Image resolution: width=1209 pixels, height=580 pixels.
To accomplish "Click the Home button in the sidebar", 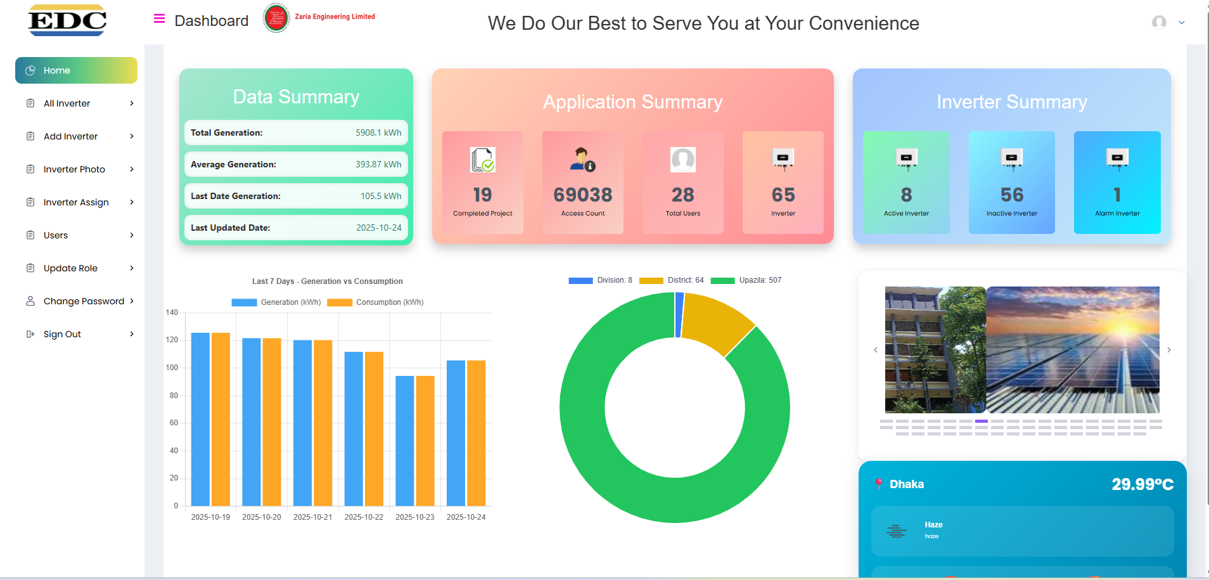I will pyautogui.click(x=76, y=70).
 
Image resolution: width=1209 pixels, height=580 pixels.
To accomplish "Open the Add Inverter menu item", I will pyautogui.click(x=70, y=136).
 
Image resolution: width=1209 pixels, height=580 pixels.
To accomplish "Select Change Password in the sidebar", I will pyautogui.click(x=84, y=301).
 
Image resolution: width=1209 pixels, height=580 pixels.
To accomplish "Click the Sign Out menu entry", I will pyautogui.click(x=62, y=334).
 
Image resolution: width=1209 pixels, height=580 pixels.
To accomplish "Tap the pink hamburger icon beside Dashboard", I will pyautogui.click(x=159, y=19).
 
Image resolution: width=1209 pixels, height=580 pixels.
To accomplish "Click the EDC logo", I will pyautogui.click(x=67, y=21).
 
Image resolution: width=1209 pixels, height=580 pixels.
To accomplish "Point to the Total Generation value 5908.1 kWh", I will pyautogui.click(x=378, y=132).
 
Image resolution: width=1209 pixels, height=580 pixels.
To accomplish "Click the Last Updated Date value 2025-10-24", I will pyautogui.click(x=378, y=228).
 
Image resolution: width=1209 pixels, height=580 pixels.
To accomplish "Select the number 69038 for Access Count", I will pyautogui.click(x=583, y=195).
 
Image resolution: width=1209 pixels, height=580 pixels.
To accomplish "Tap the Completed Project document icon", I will pyautogui.click(x=483, y=160).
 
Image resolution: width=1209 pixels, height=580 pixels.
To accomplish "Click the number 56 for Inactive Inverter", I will pyautogui.click(x=1012, y=195).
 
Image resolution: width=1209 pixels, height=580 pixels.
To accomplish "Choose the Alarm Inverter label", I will pyautogui.click(x=1117, y=214).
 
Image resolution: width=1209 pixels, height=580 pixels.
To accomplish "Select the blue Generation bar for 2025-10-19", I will pyautogui.click(x=200, y=418).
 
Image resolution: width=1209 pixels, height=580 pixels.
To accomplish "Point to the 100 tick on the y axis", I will pyautogui.click(x=172, y=368).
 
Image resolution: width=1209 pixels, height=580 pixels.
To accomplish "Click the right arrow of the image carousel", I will pyautogui.click(x=1169, y=350).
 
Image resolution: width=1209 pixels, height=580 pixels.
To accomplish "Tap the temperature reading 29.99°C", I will pyautogui.click(x=1142, y=484).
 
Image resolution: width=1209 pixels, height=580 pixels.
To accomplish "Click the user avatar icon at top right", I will pyautogui.click(x=1159, y=22).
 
